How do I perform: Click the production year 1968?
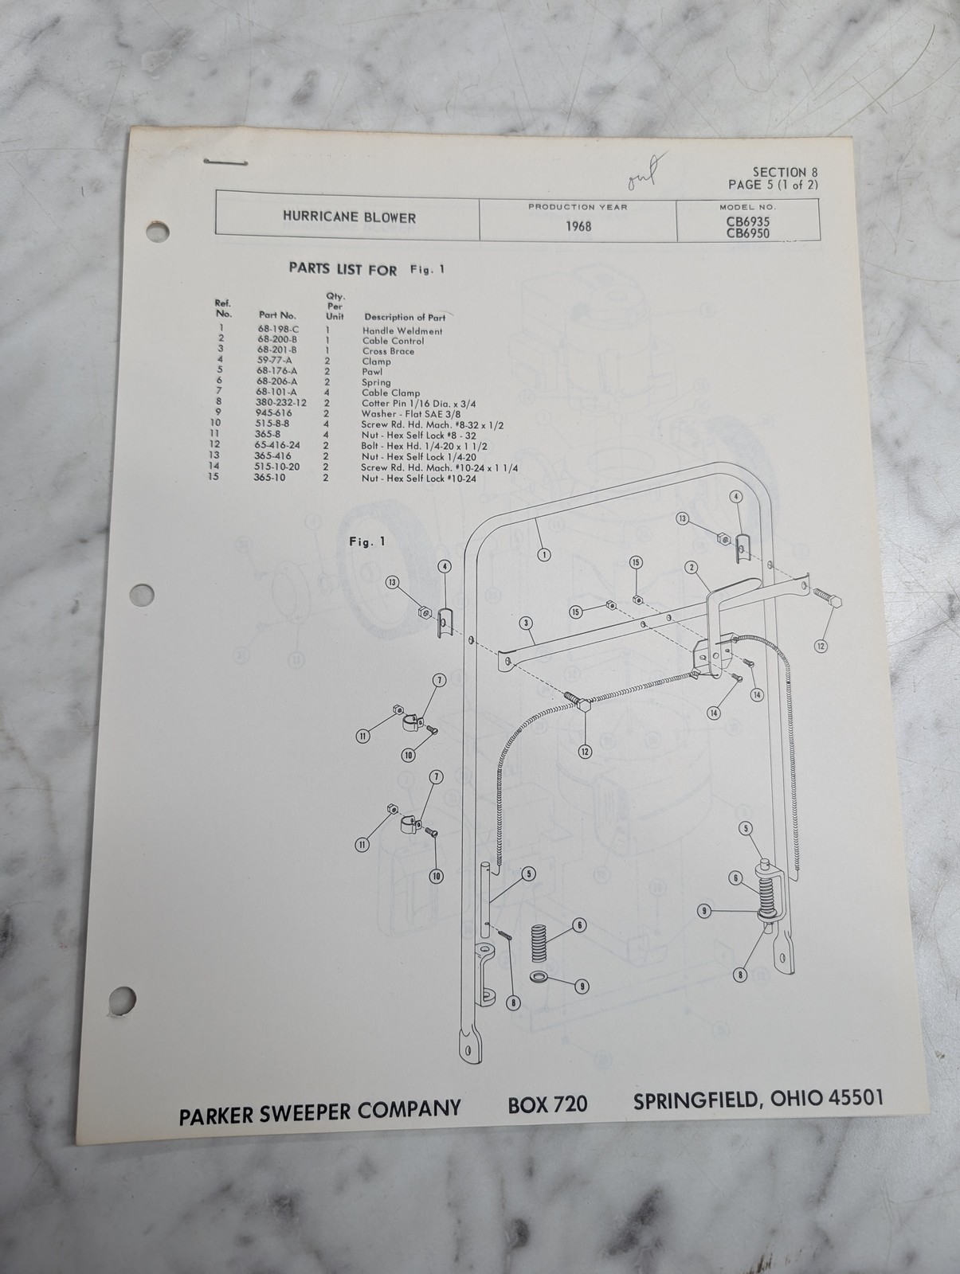coord(578,226)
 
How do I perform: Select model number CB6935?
coord(748,221)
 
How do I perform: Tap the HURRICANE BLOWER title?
coord(349,217)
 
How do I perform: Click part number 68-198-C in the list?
coord(278,330)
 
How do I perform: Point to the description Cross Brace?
coord(389,351)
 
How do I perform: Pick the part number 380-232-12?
coord(281,402)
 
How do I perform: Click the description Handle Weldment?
coord(402,330)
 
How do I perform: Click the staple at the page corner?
coord(225,162)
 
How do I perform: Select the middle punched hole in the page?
coord(142,594)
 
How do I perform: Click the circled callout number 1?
coord(543,554)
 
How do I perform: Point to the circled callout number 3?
coord(526,623)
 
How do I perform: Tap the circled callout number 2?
coord(691,567)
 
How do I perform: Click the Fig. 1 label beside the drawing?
coord(367,541)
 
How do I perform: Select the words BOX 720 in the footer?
coord(547,1104)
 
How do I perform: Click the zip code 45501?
coord(856,1097)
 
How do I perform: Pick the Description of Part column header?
coord(405,317)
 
